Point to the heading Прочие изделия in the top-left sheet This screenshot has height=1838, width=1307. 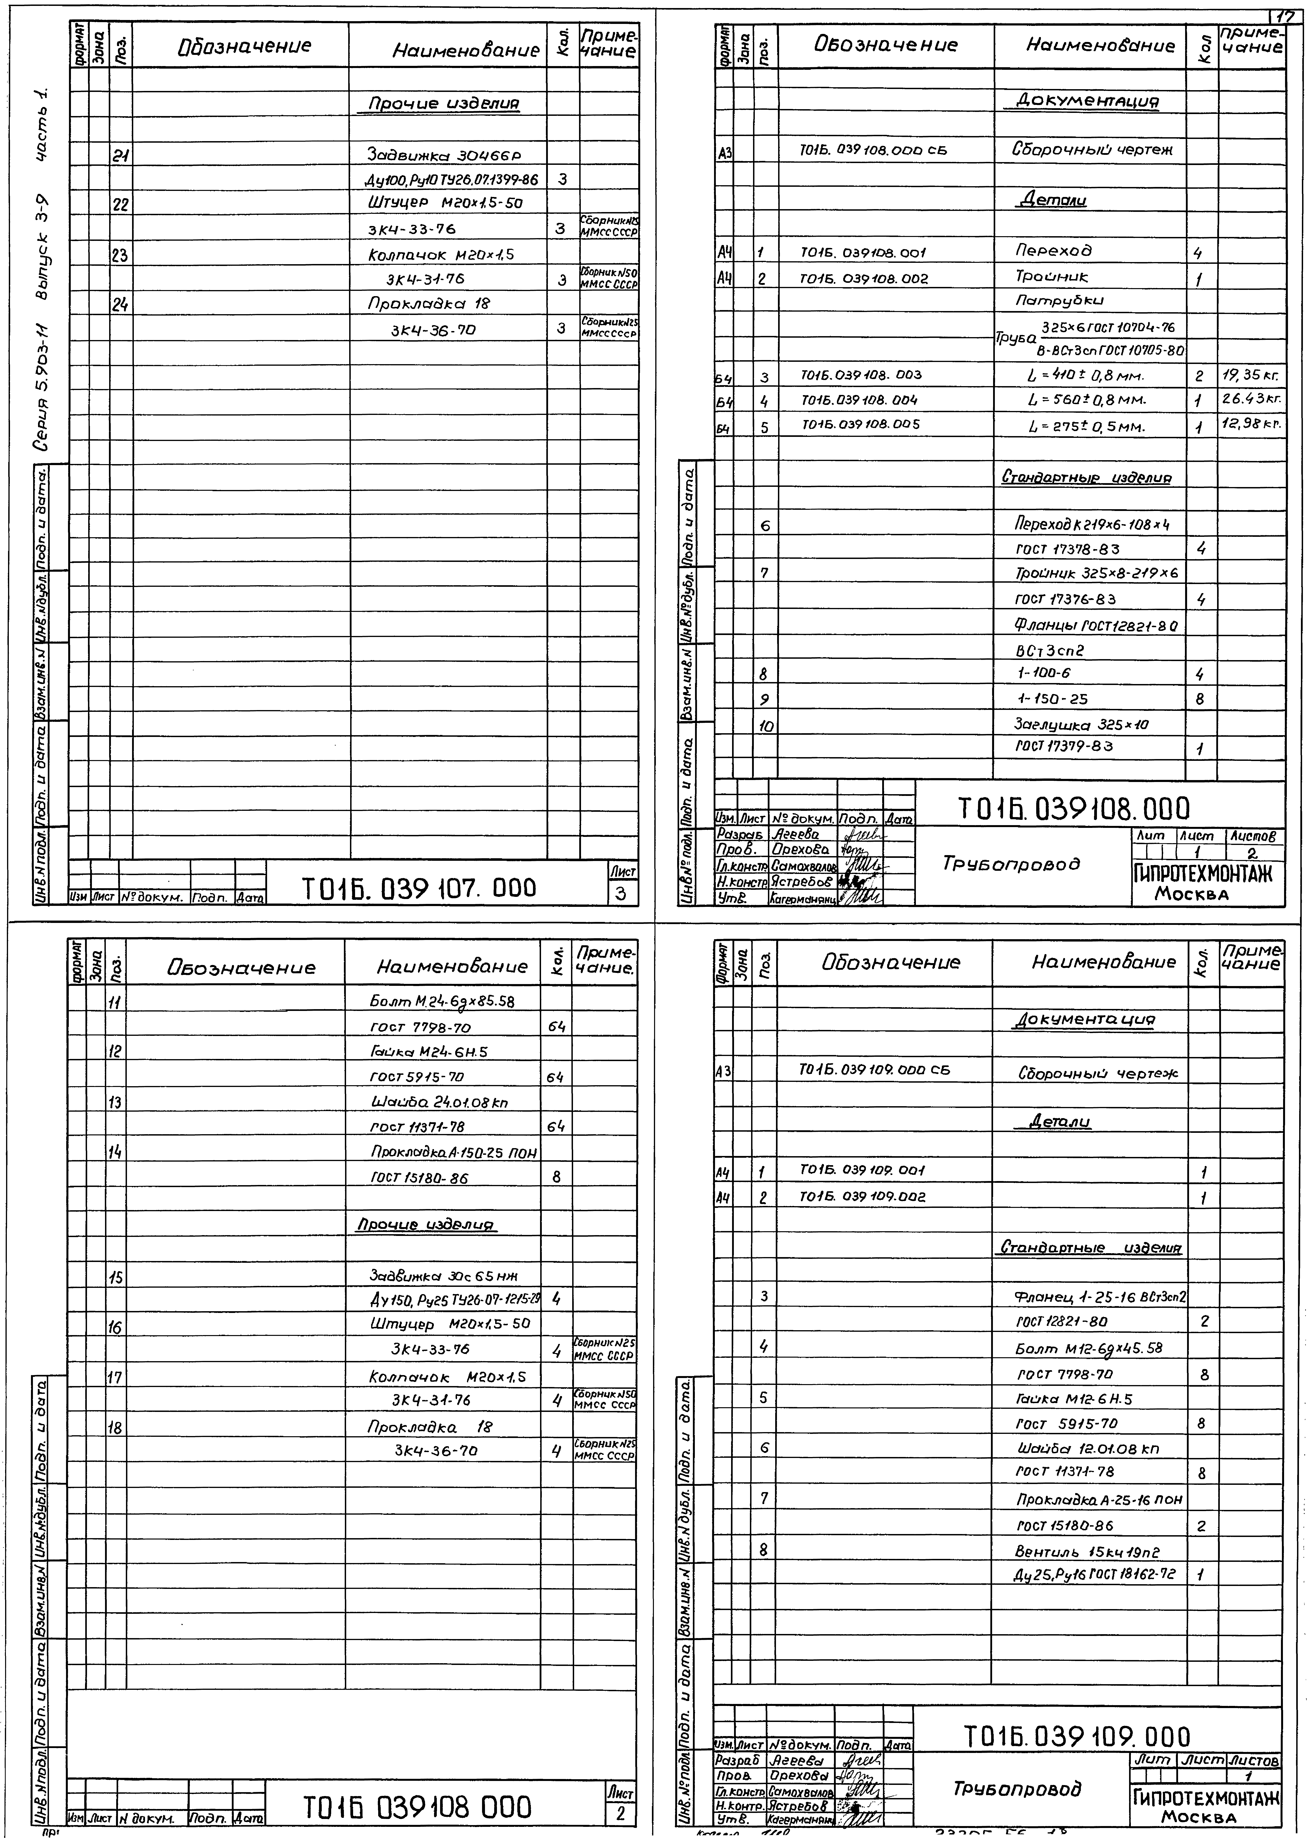click(443, 104)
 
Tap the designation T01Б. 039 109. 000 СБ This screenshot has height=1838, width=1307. click(874, 1070)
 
